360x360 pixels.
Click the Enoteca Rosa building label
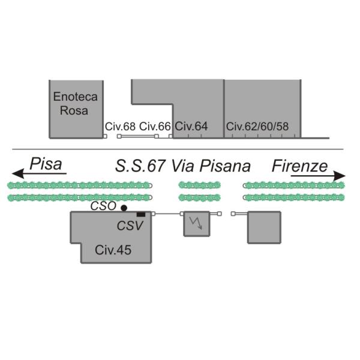pos(76,104)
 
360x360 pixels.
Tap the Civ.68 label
pos(120,127)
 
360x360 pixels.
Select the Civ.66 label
pos(155,127)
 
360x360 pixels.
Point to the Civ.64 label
pos(191,126)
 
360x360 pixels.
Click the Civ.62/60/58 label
pos(257,127)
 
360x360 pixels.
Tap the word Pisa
pos(46,164)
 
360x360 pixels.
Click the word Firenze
pos(299,166)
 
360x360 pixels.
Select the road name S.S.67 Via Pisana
pos(183,166)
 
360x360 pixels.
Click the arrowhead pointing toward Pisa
pos(18,173)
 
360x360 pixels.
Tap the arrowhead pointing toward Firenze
pos(340,176)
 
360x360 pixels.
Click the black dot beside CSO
pos(124,208)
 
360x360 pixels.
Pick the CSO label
pos(103,206)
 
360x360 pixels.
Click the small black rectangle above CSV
pos(141,214)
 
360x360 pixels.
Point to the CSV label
pos(130,226)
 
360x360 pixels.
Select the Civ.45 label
pos(113,250)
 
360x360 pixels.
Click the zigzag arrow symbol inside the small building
pos(196,223)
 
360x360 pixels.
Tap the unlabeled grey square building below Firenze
pos(264,227)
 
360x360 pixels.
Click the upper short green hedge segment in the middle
pos(200,185)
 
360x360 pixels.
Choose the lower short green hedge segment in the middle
pos(200,197)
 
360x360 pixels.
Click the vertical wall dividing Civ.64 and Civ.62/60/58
pos(224,109)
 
